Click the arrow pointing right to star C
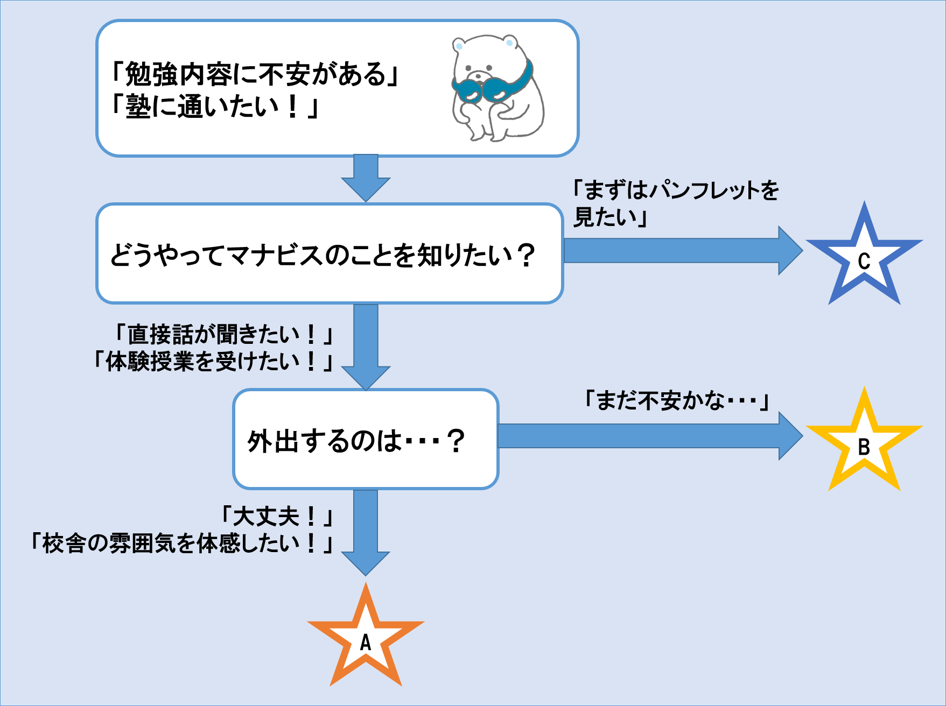(683, 251)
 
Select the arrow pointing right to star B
(650, 436)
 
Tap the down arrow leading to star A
(366, 532)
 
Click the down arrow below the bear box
(366, 178)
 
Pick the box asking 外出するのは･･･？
(366, 439)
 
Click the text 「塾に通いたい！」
(215, 106)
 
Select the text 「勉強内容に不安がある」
(255, 74)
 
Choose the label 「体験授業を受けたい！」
(213, 361)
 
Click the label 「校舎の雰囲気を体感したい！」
(182, 543)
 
